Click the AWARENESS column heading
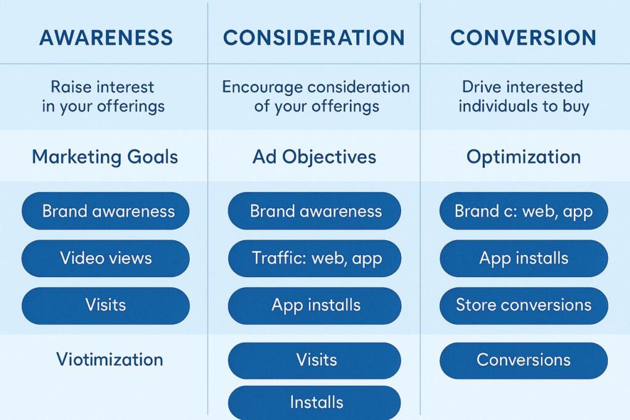[106, 38]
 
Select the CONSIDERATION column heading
[314, 38]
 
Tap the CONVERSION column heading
[523, 38]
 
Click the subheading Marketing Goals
[105, 157]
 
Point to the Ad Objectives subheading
[314, 157]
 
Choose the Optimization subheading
[524, 157]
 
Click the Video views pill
[106, 258]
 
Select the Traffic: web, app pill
[314, 258]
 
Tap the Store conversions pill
[524, 305]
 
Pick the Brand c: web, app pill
[524, 211]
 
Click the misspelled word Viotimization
[110, 360]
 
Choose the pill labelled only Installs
[314, 403]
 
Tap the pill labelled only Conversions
[524, 360]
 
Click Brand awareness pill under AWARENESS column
[106, 211]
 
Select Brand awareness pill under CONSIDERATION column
[314, 211]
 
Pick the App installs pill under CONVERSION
[524, 258]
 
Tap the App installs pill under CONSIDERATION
[314, 305]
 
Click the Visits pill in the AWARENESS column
[106, 305]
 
